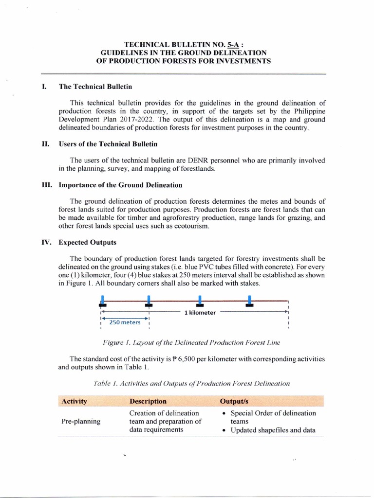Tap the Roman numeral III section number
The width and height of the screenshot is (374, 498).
pos(47,185)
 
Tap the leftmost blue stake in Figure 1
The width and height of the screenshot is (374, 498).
pos(102,301)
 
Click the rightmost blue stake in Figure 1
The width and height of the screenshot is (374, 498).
pos(250,300)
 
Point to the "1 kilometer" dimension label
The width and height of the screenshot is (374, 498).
pos(200,313)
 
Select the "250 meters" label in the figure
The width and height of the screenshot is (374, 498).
pos(125,322)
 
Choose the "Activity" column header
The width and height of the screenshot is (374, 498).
pos(74,401)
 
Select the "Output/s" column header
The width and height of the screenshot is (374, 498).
pos(237,401)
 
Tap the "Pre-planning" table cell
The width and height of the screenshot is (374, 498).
pos(80,421)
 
